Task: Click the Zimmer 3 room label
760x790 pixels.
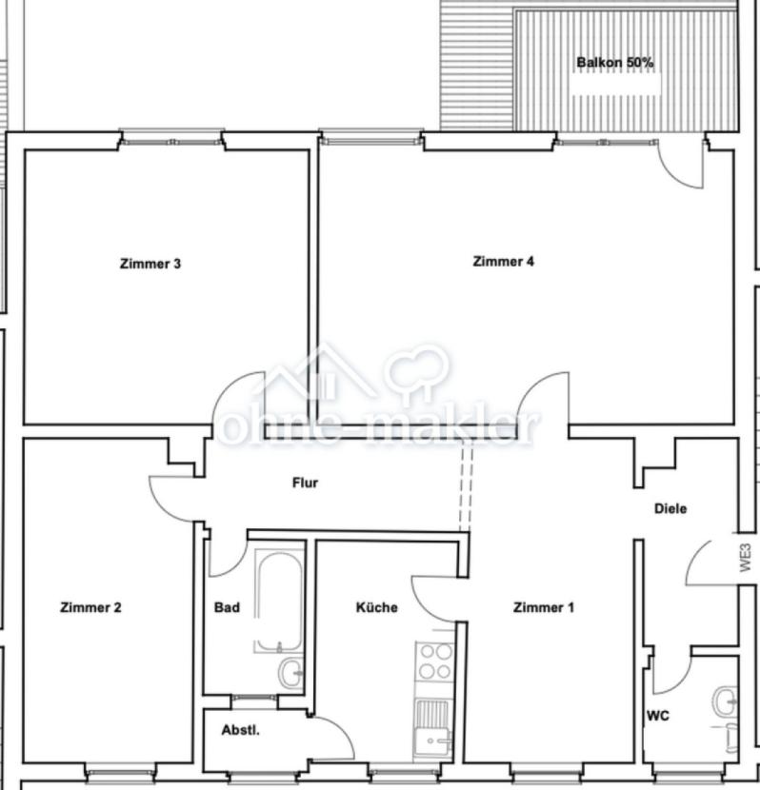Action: pos(150,264)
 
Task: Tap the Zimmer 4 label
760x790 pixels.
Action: pos(503,262)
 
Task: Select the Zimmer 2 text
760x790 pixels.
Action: pos(90,607)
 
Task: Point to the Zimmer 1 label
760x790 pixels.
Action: pos(543,607)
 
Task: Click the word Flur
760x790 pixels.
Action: pos(305,483)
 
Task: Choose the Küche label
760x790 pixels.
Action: pos(376,607)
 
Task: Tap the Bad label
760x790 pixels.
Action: pos(227,607)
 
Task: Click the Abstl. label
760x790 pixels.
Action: pos(240,730)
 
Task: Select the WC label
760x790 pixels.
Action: pos(658,716)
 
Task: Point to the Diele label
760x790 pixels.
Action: pos(670,508)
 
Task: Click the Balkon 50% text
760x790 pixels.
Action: pos(615,63)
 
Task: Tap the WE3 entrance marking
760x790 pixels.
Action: pos(746,557)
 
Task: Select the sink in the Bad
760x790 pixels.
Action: pos(290,673)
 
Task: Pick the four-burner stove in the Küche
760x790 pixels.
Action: pos(435,662)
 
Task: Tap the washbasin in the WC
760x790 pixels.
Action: pos(725,701)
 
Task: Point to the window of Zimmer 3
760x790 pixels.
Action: pos(171,142)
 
